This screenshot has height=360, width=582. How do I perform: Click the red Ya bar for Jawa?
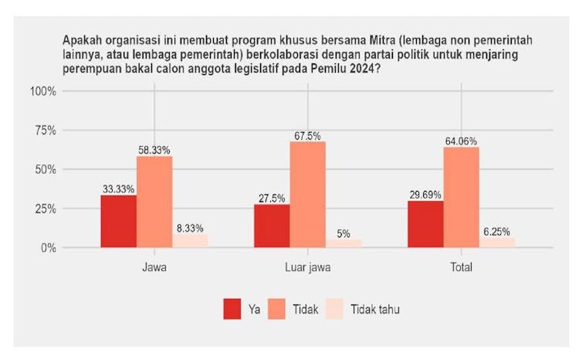click(x=118, y=222)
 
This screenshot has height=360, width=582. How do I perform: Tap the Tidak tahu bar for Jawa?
click(x=190, y=241)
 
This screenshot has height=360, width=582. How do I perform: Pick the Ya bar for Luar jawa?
click(x=272, y=226)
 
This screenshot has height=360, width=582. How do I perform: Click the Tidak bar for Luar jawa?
click(x=307, y=195)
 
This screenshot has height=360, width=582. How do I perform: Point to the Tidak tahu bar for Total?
click(x=496, y=243)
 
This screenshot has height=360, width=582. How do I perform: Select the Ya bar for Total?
click(x=425, y=224)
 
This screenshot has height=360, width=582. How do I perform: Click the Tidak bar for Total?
click(x=461, y=198)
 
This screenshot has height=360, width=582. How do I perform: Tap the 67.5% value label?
click(x=307, y=136)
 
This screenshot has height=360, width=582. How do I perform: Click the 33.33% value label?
click(x=118, y=189)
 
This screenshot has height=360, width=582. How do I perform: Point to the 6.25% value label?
click(x=496, y=232)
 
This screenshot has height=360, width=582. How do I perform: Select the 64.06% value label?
click(x=461, y=141)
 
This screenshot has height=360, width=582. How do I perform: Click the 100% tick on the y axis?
click(x=43, y=91)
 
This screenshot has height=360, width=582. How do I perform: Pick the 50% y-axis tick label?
click(x=46, y=169)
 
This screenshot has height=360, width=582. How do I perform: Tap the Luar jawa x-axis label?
click(x=307, y=268)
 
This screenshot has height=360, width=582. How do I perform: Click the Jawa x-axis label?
click(x=154, y=268)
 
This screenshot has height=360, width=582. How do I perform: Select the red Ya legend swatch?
click(x=232, y=309)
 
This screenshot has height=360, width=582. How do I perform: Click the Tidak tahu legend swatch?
click(x=333, y=309)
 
